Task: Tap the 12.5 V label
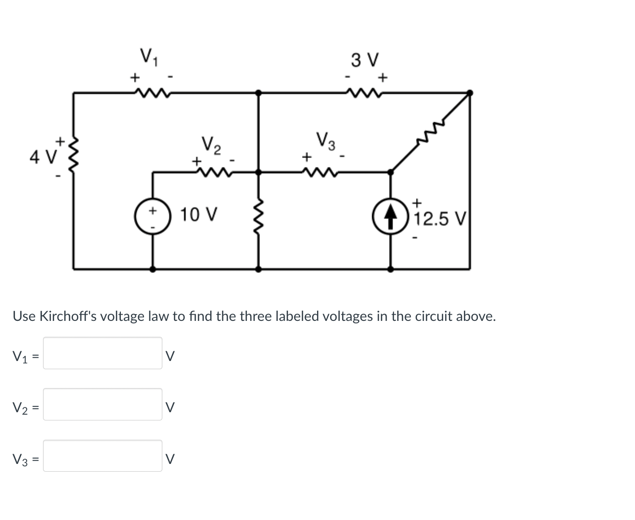click(x=440, y=219)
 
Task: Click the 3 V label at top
click(x=365, y=60)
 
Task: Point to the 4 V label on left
click(x=43, y=157)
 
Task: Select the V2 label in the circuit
click(x=212, y=145)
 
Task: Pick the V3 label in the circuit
click(x=326, y=141)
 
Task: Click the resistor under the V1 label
click(x=150, y=92)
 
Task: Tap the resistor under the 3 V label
click(x=365, y=92)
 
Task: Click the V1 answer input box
click(x=102, y=353)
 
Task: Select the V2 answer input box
click(x=102, y=404)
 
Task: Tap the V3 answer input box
click(x=102, y=456)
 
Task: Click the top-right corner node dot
click(x=470, y=92)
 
